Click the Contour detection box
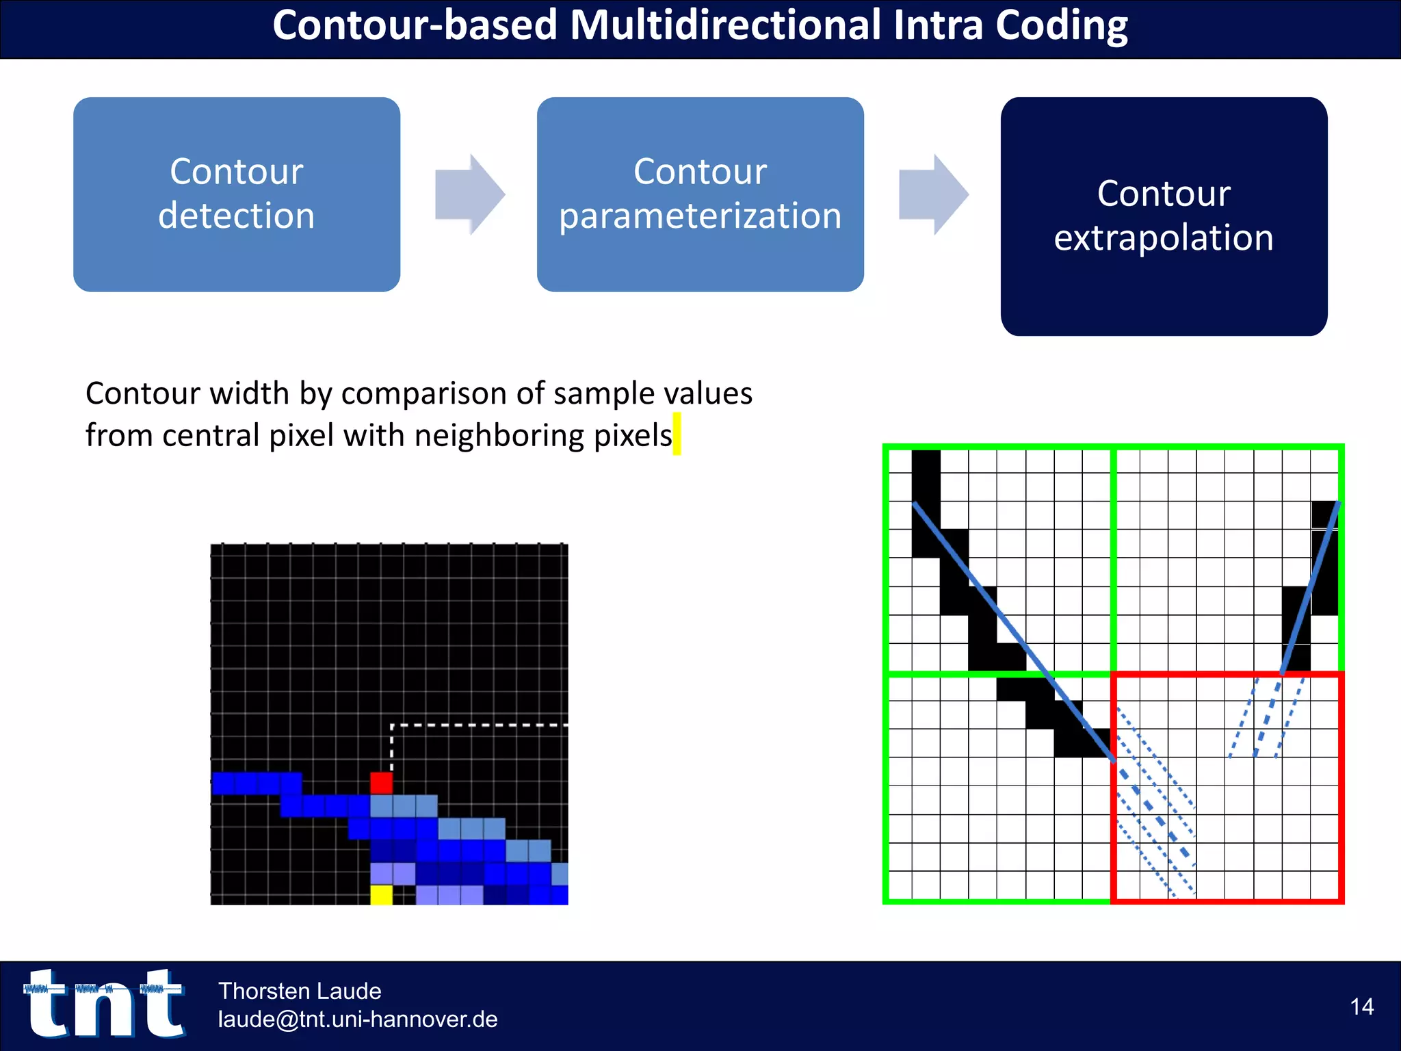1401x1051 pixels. (236, 194)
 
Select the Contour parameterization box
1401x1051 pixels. (700, 194)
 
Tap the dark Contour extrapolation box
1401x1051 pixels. (1164, 216)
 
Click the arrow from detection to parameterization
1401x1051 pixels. (471, 194)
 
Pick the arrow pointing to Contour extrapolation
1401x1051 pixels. (934, 194)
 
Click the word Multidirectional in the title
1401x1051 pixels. (726, 26)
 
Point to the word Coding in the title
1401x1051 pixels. (1061, 26)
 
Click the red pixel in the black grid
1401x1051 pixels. (382, 783)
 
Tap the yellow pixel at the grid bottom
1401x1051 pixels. (382, 894)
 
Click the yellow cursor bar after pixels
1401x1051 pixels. (677, 434)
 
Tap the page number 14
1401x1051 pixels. (1361, 1007)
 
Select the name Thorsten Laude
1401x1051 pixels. (300, 991)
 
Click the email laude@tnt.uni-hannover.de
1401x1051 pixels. (358, 1020)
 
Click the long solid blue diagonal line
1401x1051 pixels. (1012, 630)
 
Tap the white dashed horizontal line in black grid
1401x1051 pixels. (479, 725)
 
